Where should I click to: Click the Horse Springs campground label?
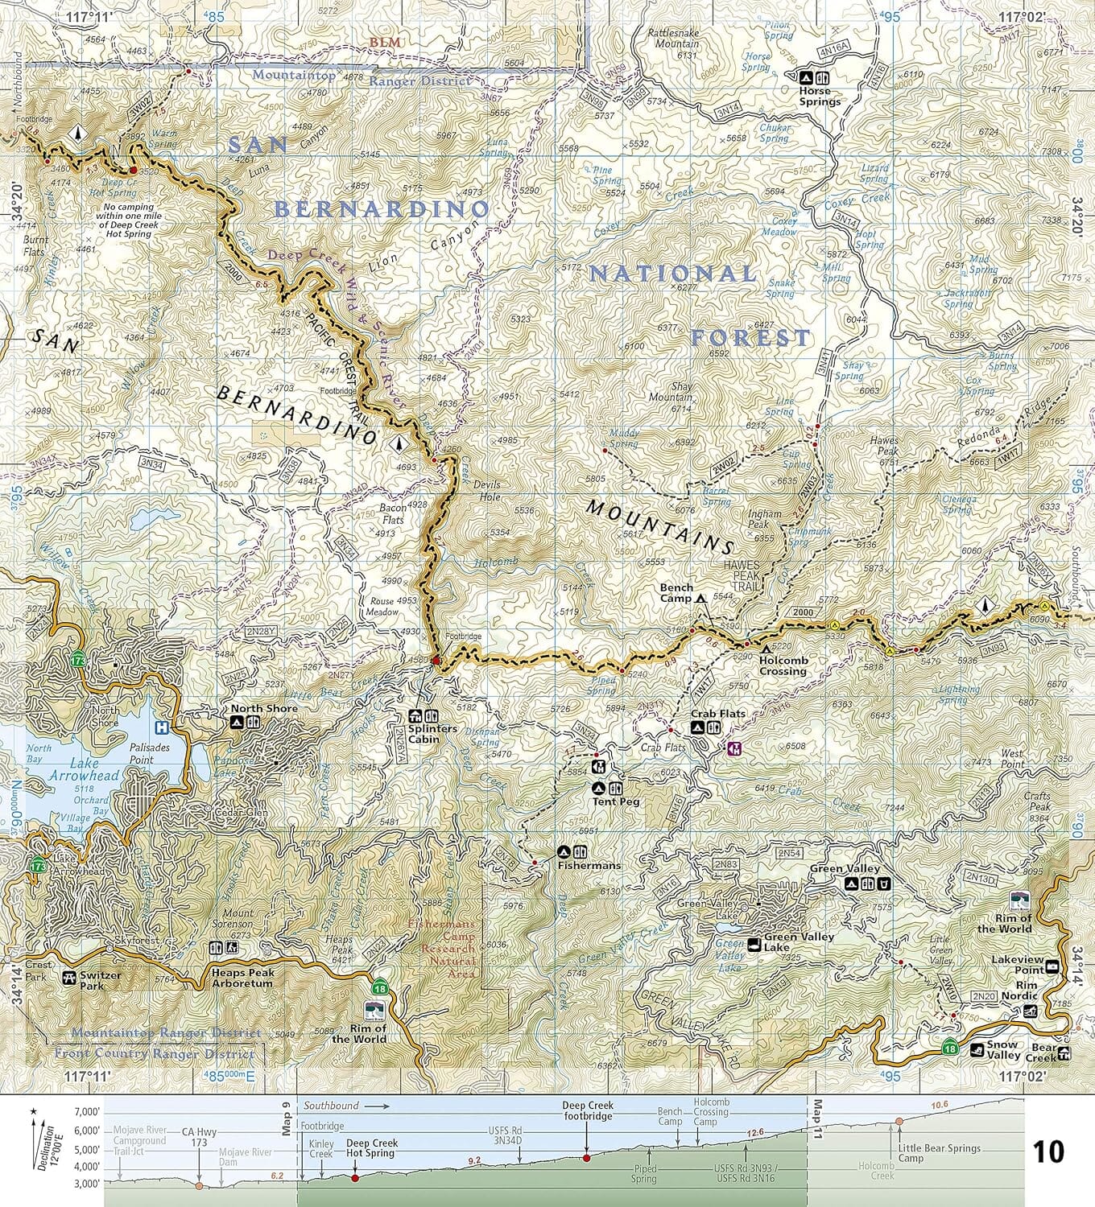820,97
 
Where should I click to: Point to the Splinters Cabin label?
432,734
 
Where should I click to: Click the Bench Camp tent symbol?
701,599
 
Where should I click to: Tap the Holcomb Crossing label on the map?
782,666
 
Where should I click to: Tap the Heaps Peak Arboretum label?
242,978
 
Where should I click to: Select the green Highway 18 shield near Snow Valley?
951,1047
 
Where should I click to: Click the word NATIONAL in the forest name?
671,274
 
